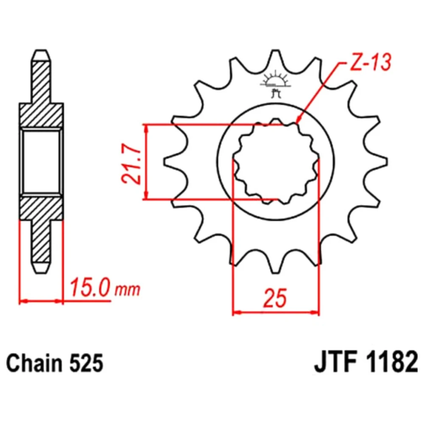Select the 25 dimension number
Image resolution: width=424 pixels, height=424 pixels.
pos(275,298)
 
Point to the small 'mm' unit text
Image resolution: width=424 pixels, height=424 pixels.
pos(128,290)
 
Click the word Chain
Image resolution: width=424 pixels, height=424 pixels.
pos(34,363)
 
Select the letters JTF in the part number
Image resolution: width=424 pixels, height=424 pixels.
pos(335,363)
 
